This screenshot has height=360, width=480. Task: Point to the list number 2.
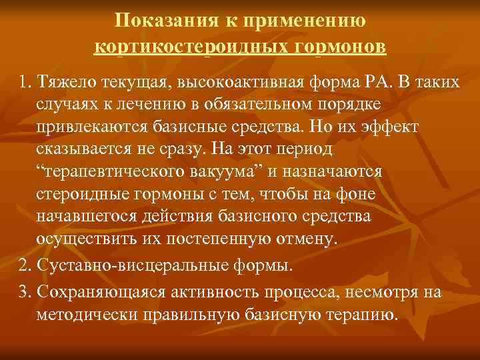pyautogui.click(x=25, y=267)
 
